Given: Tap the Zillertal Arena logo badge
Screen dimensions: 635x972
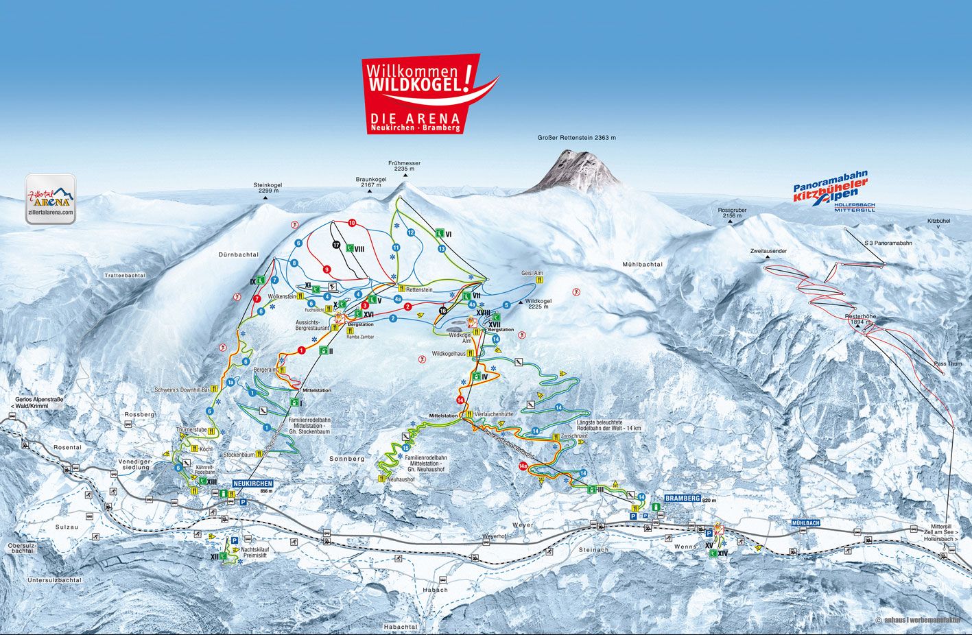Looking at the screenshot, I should [51, 199].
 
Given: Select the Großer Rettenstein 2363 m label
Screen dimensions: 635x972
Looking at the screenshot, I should [577, 138].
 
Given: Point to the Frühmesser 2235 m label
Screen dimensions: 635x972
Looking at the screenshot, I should [404, 166].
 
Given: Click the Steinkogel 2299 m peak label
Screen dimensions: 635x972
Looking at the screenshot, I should [268, 188].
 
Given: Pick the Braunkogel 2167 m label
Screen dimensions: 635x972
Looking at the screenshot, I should [370, 182].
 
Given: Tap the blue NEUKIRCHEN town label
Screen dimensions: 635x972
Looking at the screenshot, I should [252, 483].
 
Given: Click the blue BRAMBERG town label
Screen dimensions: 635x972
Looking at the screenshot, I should [683, 499].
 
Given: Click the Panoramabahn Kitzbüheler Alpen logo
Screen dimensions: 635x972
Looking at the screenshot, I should [831, 192].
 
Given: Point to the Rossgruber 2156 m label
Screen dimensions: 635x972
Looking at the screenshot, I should [732, 213].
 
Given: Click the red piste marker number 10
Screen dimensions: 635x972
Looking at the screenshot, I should [352, 223].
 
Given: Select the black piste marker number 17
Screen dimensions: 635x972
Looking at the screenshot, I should [336, 244].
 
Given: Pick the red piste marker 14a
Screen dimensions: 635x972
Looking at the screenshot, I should [524, 466].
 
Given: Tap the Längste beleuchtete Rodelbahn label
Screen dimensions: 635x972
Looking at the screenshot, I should [608, 425].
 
